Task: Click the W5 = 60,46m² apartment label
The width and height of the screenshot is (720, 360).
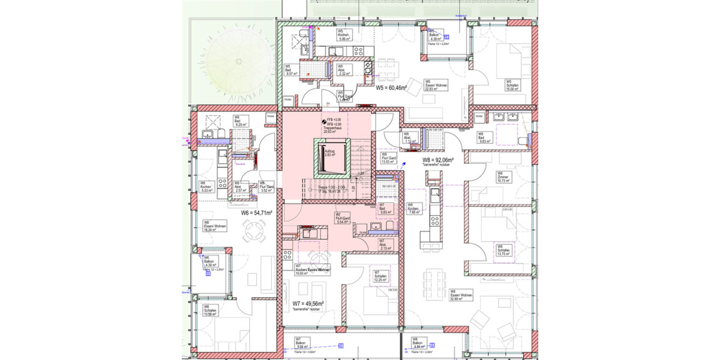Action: [x=391, y=88]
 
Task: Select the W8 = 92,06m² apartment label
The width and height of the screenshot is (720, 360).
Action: [x=437, y=160]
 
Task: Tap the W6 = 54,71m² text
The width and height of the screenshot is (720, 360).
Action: [x=257, y=212]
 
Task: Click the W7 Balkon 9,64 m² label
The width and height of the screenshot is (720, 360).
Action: [x=302, y=343]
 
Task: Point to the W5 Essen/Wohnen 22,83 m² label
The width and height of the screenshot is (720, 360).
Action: [x=434, y=86]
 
